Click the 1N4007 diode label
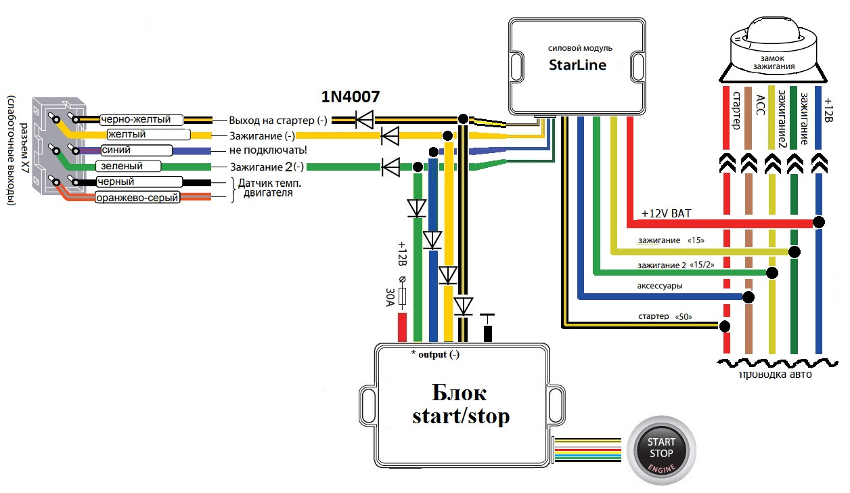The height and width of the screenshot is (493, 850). pos(350,98)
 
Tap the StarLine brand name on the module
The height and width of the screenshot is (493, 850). pos(577,66)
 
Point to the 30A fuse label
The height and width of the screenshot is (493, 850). pos(390,296)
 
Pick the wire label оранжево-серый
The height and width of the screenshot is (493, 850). pos(138,198)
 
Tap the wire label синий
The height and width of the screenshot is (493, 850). pos(116,150)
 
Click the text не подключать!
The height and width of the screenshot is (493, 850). pos(268,150)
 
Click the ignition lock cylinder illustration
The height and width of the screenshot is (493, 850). pos(773,48)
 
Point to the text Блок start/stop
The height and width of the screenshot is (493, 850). pos(460,405)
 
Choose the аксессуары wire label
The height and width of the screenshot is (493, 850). pos(659,286)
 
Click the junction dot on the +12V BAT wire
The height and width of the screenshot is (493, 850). pos(819,222)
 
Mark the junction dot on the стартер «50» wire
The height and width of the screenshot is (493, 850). pos(725,326)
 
